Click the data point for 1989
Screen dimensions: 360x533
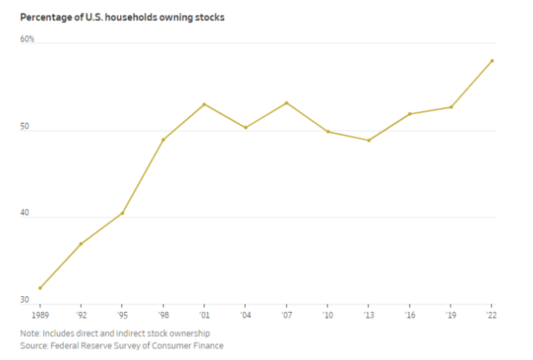40,288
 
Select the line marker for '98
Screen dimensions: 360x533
163,140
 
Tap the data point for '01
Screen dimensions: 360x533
204,104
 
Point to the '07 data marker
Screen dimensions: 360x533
287,103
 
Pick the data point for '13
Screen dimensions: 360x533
369,140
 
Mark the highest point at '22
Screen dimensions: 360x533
492,60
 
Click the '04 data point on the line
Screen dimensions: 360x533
245,128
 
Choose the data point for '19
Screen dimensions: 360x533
451,107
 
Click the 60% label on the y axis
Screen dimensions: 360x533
27,40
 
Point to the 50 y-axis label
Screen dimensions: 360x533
25,128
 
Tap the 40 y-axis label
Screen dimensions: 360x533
25,214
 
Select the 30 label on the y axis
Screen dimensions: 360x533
25,300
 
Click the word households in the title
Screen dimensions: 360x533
131,17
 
